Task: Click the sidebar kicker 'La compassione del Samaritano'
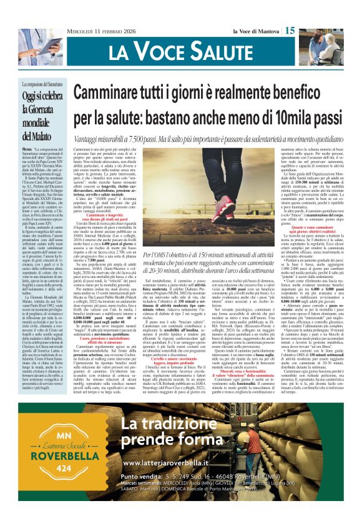point(39,84)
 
